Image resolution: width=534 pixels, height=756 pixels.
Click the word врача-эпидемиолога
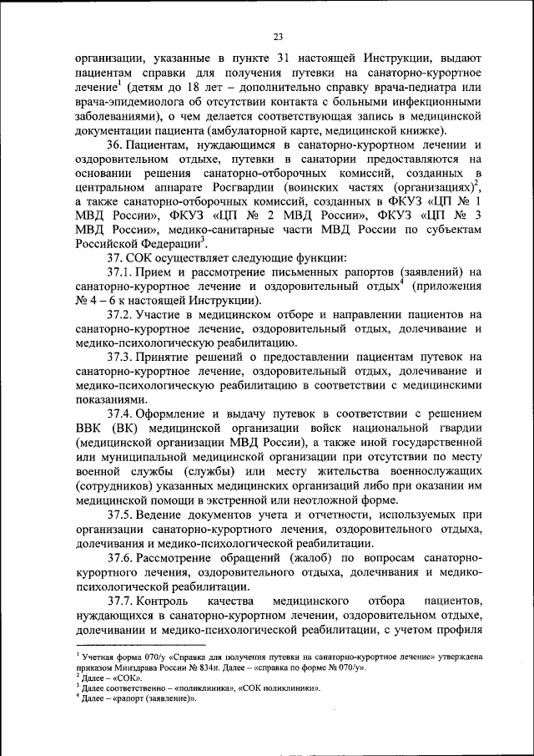coord(125,102)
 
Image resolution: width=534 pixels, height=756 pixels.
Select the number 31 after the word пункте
coord(285,59)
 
